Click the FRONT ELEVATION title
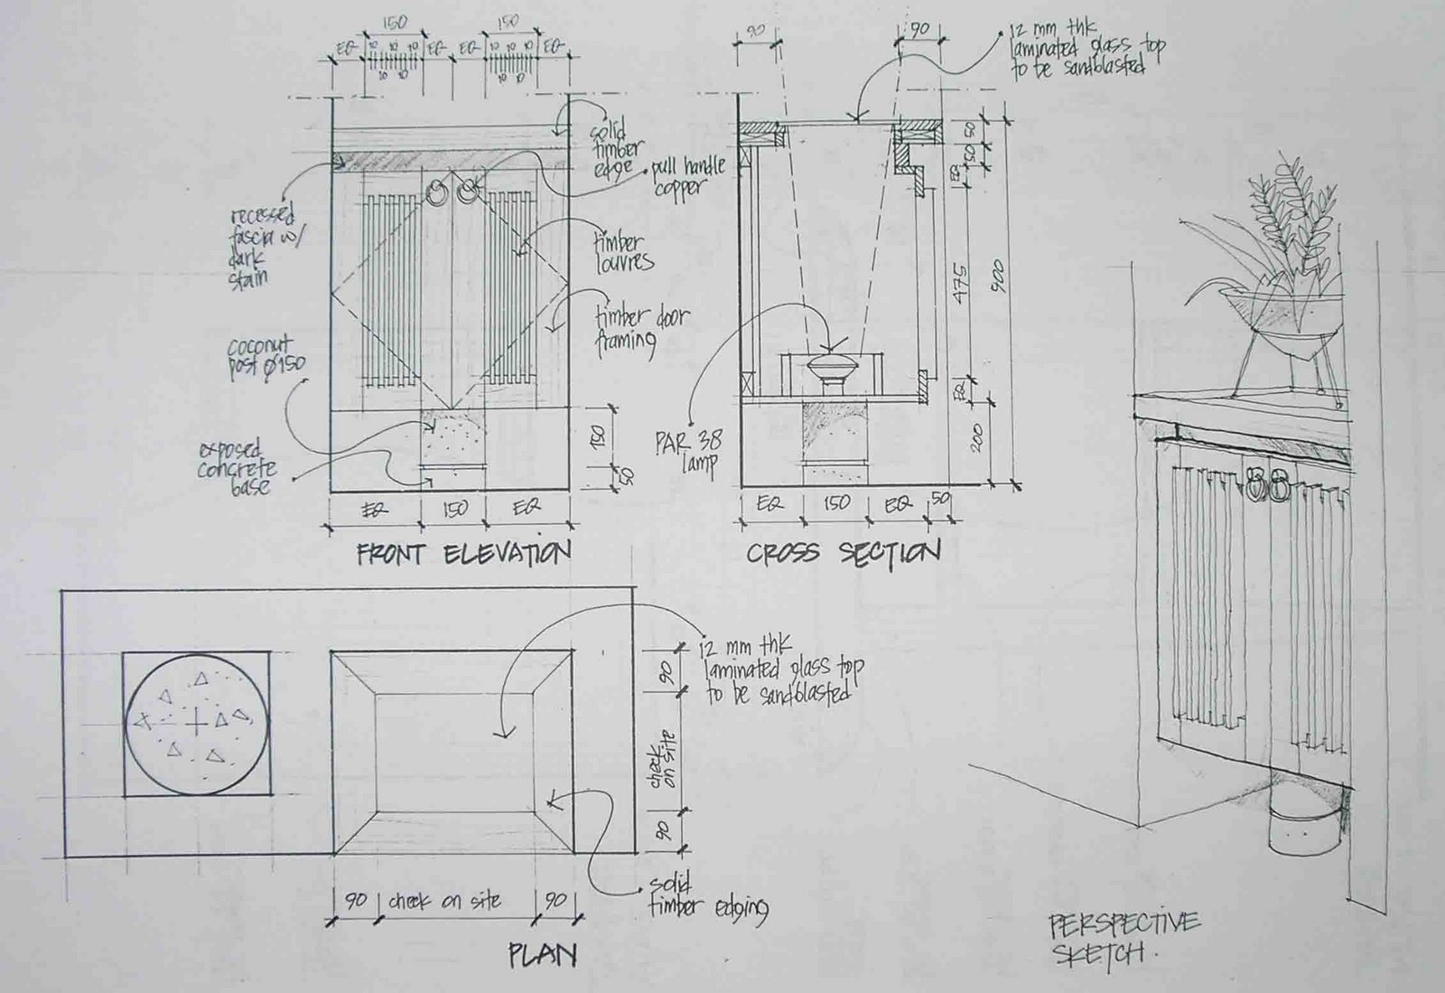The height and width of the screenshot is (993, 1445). pos(463,553)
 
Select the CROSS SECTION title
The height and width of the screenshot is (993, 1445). pos(843,553)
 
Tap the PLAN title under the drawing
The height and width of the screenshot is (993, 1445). pos(542,954)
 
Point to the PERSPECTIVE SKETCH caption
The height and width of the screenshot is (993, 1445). pos(1123,937)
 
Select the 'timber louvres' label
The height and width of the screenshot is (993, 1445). pos(622,252)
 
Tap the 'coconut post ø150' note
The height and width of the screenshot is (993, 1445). pos(264,357)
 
